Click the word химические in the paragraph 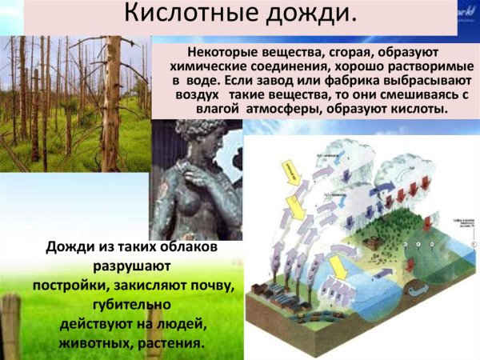click(208, 66)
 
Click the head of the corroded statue click(196, 144)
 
